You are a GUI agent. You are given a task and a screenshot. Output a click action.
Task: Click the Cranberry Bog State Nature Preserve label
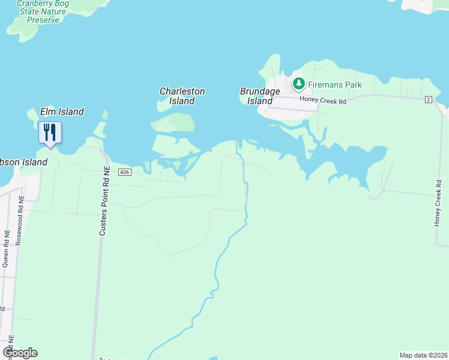click(43, 11)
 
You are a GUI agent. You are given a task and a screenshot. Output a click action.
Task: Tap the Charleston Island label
click(182, 96)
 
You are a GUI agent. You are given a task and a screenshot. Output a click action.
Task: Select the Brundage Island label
click(260, 96)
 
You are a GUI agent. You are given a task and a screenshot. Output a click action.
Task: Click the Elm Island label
click(62, 112)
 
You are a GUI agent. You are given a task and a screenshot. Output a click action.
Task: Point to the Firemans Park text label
click(336, 85)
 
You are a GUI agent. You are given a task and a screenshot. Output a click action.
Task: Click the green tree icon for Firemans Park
click(298, 83)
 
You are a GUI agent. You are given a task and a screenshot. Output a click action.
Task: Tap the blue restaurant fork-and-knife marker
click(50, 132)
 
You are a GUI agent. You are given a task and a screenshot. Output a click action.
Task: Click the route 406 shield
click(124, 173)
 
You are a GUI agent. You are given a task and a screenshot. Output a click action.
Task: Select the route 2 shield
click(428, 99)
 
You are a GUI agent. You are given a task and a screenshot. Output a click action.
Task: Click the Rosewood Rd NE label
click(21, 218)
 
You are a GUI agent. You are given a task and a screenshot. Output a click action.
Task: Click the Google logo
click(20, 353)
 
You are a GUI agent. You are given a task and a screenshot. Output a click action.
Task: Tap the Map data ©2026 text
click(423, 355)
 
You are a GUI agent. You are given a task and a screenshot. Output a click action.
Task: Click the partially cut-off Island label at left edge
click(23, 162)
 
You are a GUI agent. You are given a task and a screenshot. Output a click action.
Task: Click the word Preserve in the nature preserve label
click(43, 20)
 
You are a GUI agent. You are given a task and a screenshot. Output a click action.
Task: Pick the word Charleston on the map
click(182, 92)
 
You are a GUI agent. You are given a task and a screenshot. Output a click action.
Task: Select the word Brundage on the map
click(260, 91)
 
